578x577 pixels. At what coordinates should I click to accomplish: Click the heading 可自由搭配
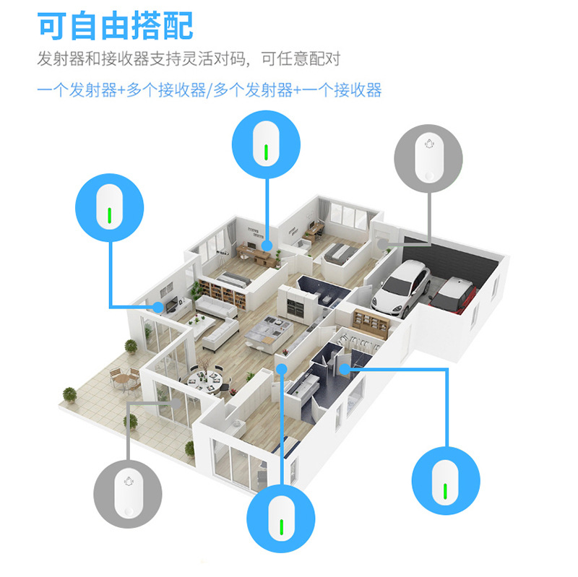116,26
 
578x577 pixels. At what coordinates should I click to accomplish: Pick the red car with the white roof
454,292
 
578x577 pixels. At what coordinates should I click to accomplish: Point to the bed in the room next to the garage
337,252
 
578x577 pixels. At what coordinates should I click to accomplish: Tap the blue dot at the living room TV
157,308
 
